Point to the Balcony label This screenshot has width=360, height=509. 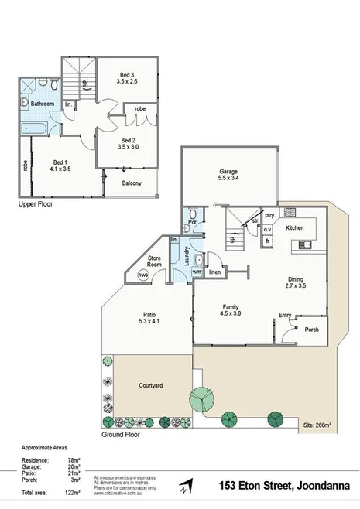[132, 183]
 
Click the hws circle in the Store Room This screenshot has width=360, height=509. [142, 275]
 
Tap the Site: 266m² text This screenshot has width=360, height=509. [317, 425]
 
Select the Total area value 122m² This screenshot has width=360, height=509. [74, 492]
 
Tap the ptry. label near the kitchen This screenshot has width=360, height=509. [270, 216]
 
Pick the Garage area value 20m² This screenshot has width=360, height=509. [75, 467]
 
